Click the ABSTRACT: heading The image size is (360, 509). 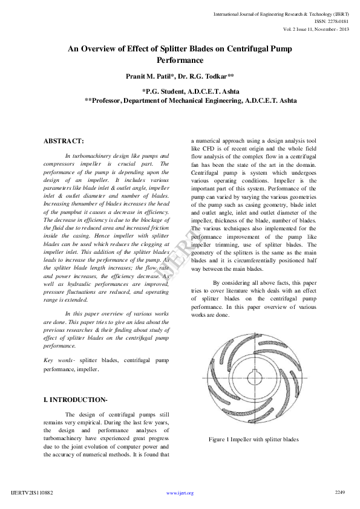click(x=64, y=141)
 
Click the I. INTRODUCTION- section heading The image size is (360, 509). click(x=76, y=400)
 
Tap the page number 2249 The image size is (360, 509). click(x=339, y=493)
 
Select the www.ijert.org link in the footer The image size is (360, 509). click(x=180, y=493)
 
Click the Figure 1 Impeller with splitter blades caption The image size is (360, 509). click(x=254, y=439)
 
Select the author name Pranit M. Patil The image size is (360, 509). click(x=154, y=76)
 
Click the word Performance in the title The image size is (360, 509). click(x=180, y=60)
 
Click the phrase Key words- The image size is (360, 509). click(x=59, y=360)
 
